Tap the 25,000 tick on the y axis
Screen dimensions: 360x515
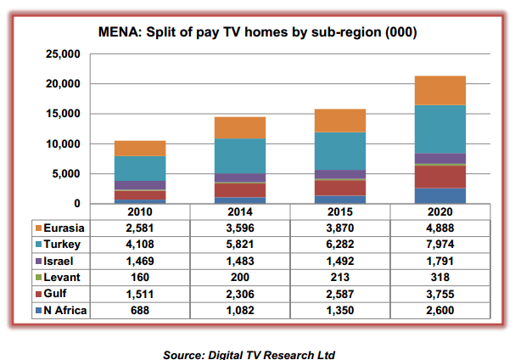tap(61, 54)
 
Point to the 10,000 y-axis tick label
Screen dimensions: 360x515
tap(61, 143)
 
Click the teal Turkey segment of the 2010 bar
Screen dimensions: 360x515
tap(140, 168)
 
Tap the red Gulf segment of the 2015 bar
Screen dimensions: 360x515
tap(340, 187)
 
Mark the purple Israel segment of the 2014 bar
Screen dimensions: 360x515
tap(240, 177)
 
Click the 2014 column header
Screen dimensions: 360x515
tap(240, 211)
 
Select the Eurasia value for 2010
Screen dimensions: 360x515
tap(140, 227)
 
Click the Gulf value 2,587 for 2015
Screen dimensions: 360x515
tap(340, 293)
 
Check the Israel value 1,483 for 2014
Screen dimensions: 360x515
tap(240, 260)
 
